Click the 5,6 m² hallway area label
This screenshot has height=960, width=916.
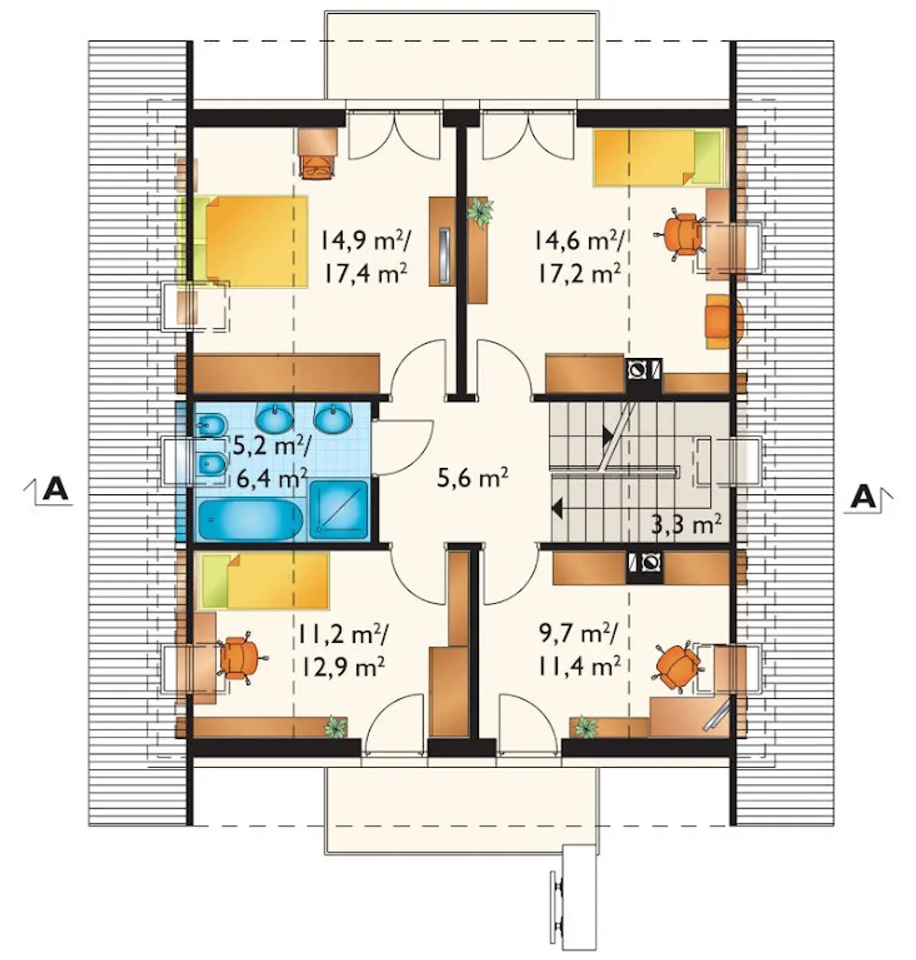[x=472, y=478]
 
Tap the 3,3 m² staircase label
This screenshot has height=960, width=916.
[x=687, y=526]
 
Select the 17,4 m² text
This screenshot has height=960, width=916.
[x=366, y=274]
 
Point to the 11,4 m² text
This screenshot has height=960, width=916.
[x=580, y=665]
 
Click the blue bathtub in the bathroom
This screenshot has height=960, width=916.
[x=250, y=520]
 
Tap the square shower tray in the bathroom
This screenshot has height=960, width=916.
[x=339, y=510]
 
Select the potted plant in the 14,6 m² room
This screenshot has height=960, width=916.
[x=480, y=211]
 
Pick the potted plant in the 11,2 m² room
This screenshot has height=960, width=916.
[x=335, y=726]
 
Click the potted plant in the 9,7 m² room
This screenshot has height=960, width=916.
[x=585, y=727]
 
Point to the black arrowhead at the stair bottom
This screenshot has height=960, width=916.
[x=556, y=509]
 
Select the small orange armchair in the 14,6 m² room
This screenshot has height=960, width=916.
[x=725, y=321]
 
